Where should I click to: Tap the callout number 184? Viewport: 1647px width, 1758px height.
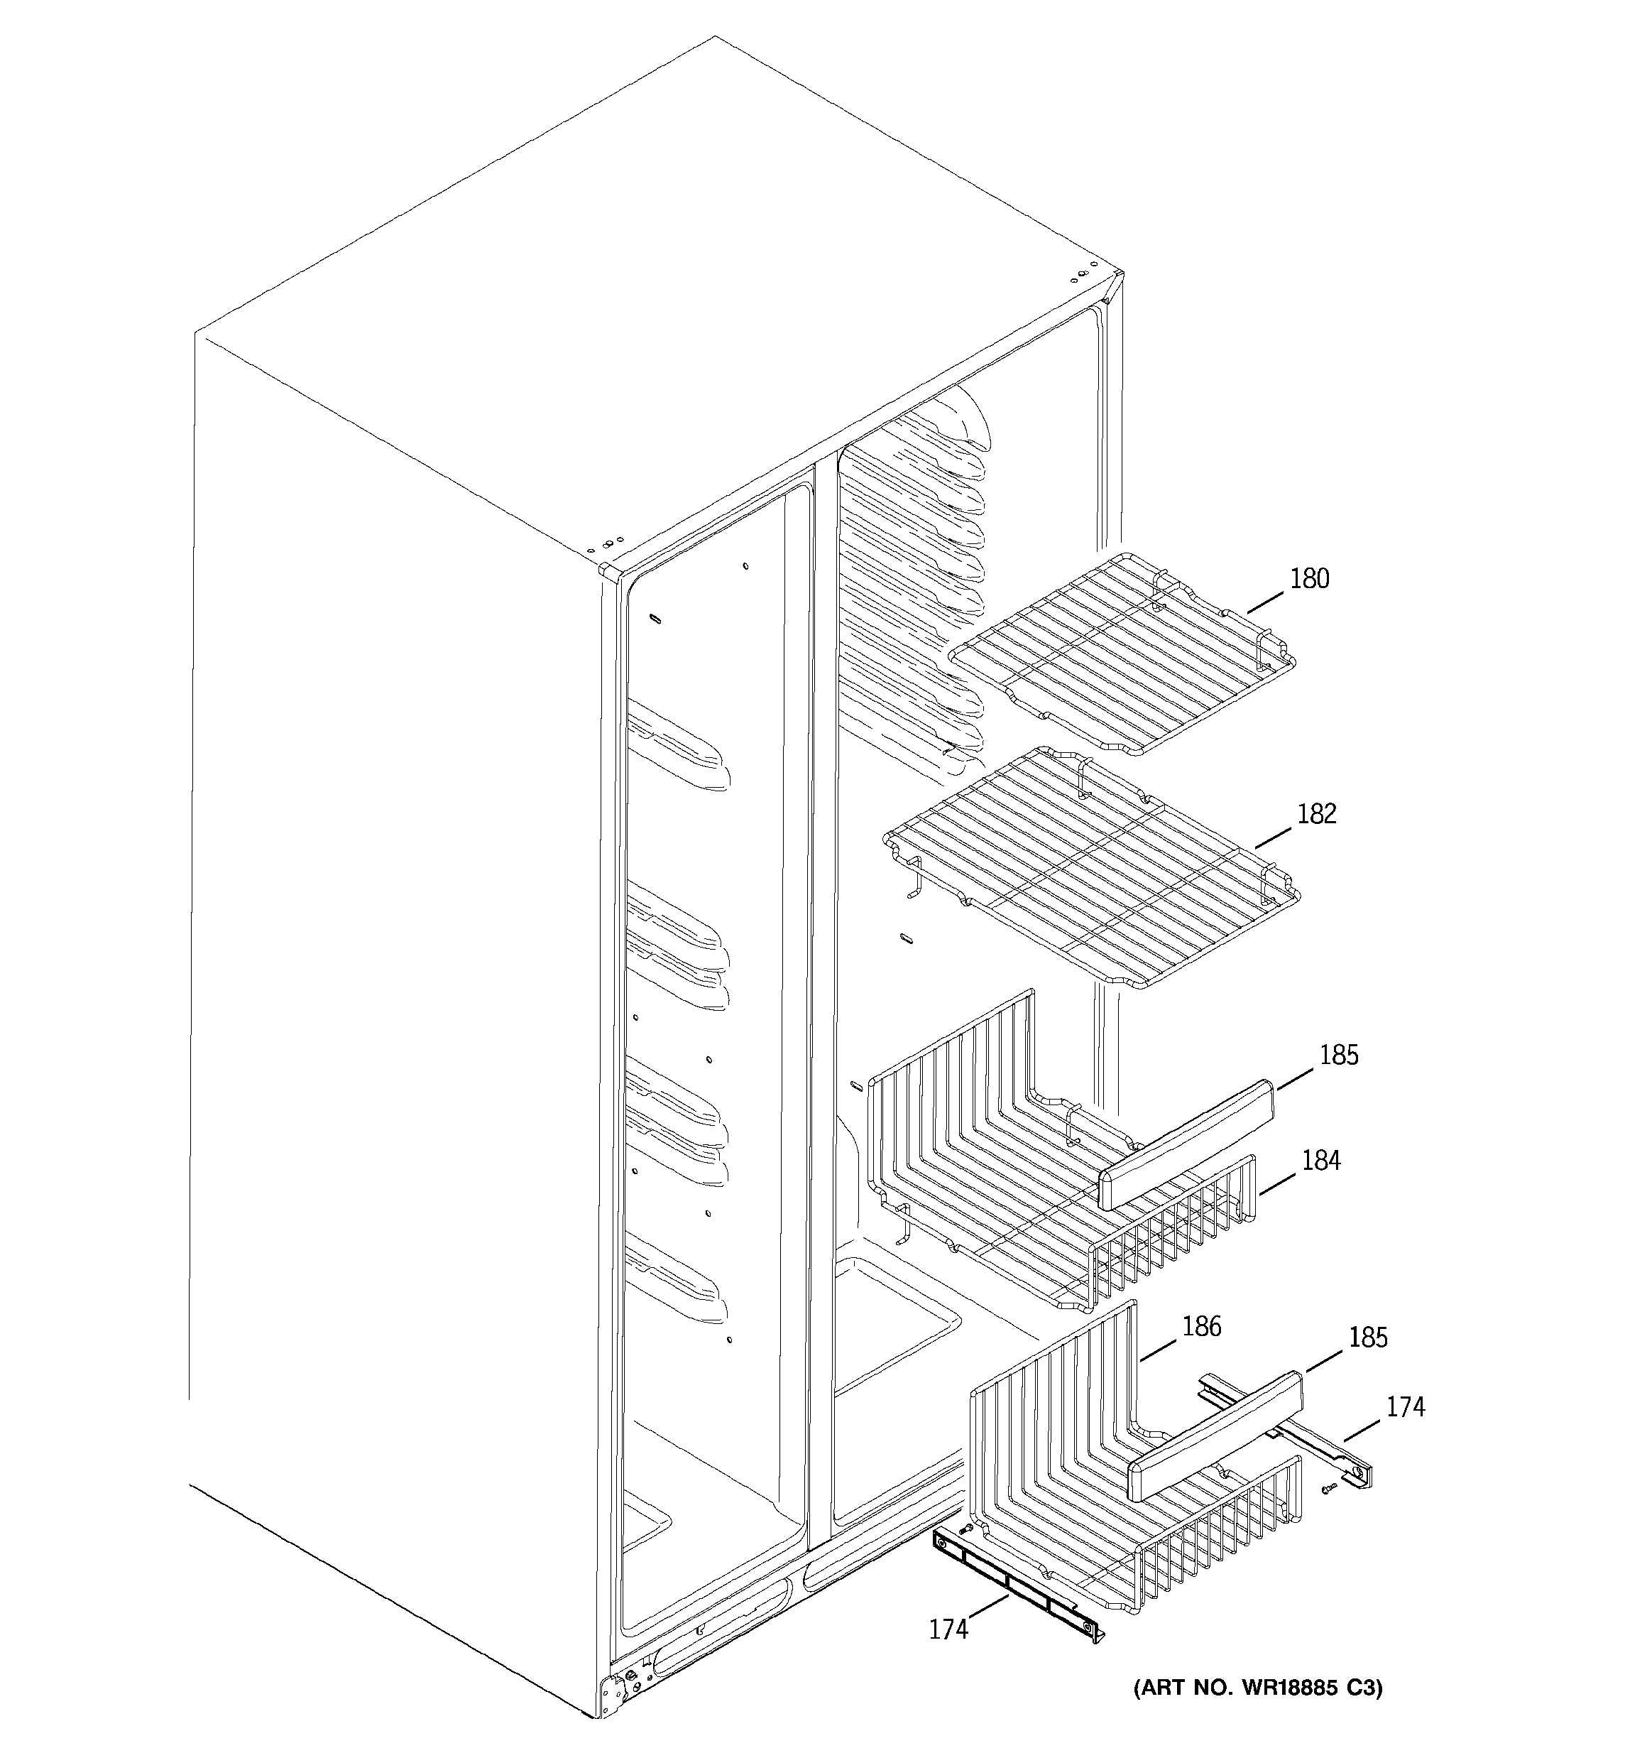click(1320, 1160)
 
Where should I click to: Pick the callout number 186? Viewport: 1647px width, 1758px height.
click(1201, 1326)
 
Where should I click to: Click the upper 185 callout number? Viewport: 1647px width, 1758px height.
click(1338, 1055)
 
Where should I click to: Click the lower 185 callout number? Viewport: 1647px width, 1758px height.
click(1367, 1338)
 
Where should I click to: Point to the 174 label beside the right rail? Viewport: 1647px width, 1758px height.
click(1405, 1406)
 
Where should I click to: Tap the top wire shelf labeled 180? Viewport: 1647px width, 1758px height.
click(1123, 654)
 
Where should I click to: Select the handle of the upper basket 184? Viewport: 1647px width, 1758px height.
click(1185, 1145)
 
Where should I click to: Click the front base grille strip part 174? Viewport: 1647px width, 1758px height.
click(1017, 1583)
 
